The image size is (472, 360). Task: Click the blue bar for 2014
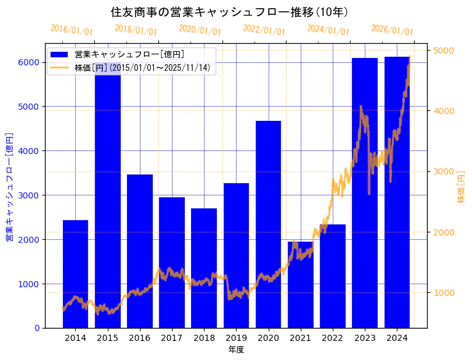coord(75,274)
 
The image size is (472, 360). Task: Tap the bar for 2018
coord(204,268)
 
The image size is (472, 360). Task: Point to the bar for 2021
coord(300,284)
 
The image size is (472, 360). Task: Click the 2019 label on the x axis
coord(236,338)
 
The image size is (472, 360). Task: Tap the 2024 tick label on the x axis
coord(397,338)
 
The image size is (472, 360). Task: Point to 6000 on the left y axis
coord(29,62)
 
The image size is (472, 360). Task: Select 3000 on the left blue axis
coord(29,195)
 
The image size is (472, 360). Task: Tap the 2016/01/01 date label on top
coord(72,30)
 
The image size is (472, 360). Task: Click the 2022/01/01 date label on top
coord(264,30)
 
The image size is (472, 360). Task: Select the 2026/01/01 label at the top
coord(393,30)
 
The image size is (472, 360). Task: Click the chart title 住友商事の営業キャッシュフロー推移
coord(229,12)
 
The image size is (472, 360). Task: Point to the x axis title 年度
coord(236,350)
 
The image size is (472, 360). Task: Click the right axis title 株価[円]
coord(462,188)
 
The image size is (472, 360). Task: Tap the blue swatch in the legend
coord(60,55)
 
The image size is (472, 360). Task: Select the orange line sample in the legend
coord(60,67)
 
